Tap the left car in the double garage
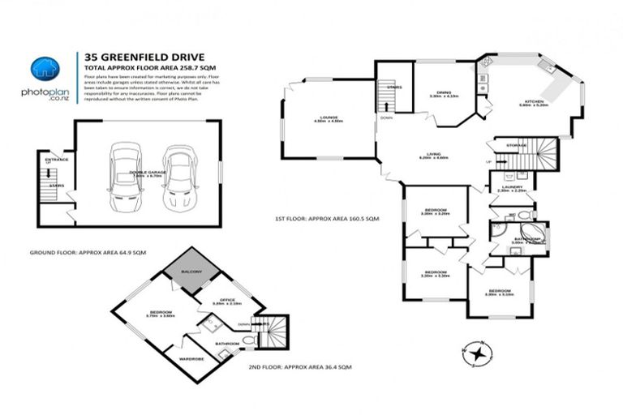click(125, 174)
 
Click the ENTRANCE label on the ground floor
click(56, 160)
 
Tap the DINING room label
click(444, 93)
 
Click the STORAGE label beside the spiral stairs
click(517, 145)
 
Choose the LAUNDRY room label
click(513, 187)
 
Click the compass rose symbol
click(480, 353)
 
